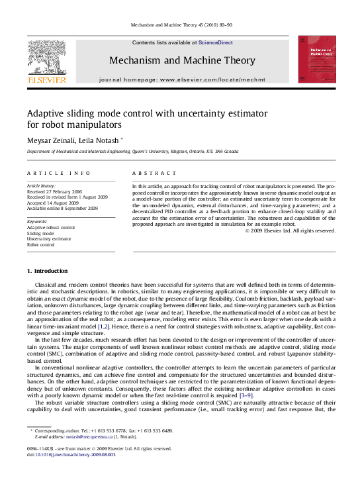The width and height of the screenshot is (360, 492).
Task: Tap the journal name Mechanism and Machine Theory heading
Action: click(x=181, y=60)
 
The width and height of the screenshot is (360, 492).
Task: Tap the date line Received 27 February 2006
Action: click(x=55, y=191)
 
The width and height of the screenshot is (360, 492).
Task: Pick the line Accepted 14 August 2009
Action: click(x=52, y=203)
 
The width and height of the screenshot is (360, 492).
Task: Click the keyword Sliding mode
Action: click(x=40, y=234)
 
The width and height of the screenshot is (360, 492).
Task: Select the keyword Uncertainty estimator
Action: click(x=50, y=239)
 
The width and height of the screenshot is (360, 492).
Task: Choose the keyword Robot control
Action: click(x=41, y=244)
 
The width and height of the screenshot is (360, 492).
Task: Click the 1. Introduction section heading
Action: click(x=47, y=271)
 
